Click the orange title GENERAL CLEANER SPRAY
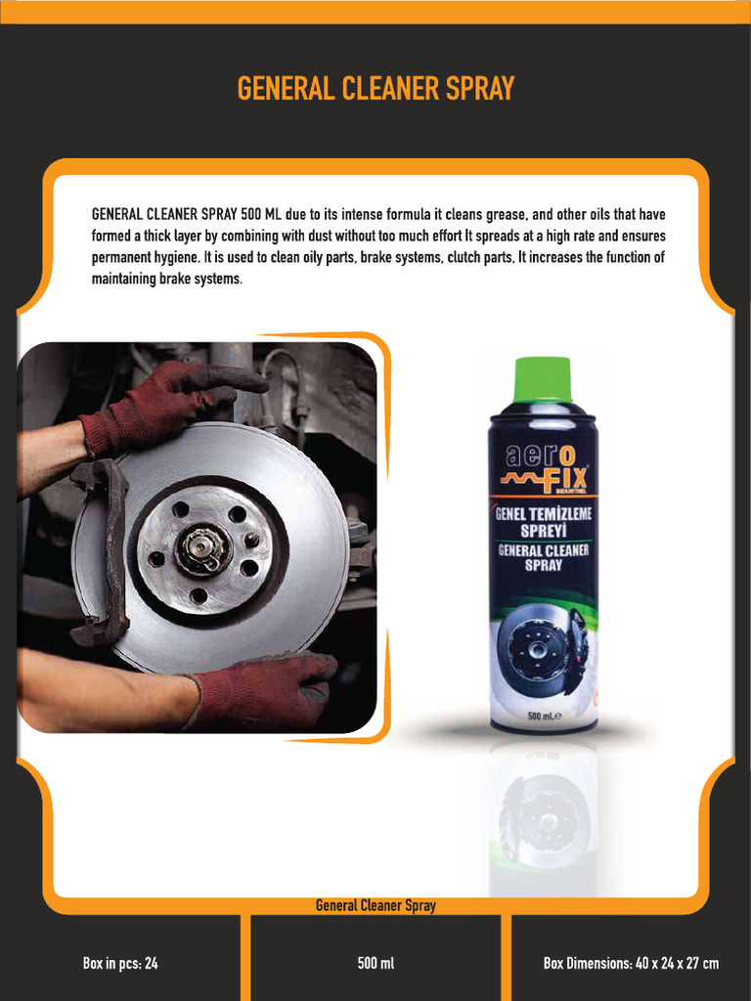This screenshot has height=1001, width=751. pyautogui.click(x=375, y=89)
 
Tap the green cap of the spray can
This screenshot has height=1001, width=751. pyautogui.click(x=543, y=379)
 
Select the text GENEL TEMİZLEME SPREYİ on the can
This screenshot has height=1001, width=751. pyautogui.click(x=544, y=522)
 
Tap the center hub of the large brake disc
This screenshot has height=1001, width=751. pyautogui.click(x=204, y=549)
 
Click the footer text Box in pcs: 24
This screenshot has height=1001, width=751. pyautogui.click(x=120, y=964)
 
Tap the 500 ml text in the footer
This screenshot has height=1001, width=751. pyautogui.click(x=375, y=964)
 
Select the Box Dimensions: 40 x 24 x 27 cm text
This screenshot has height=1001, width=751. pyautogui.click(x=631, y=964)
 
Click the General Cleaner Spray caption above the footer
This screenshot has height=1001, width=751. pyautogui.click(x=375, y=906)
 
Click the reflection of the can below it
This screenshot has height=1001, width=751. pyautogui.click(x=544, y=811)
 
